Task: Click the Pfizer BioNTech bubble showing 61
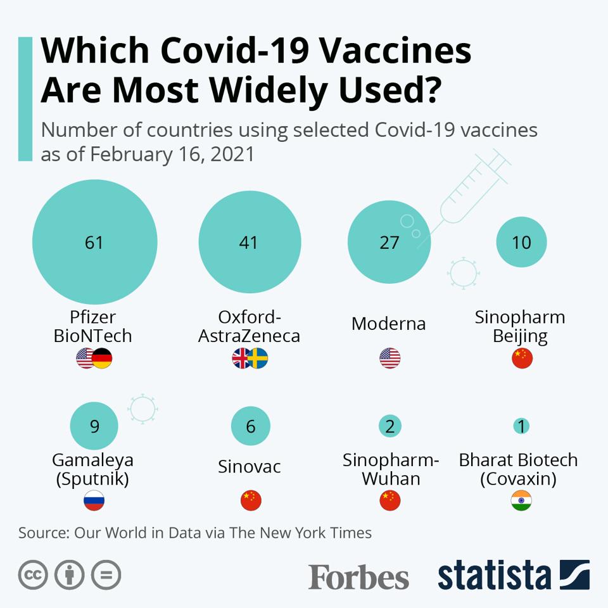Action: [x=94, y=242]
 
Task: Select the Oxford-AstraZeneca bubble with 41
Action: [x=250, y=242]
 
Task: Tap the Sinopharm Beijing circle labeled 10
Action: [x=521, y=242]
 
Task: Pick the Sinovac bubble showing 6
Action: [x=251, y=426]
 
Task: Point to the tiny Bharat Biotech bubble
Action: [x=521, y=426]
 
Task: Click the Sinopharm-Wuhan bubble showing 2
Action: [x=389, y=426]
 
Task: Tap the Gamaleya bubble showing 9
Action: [x=94, y=426]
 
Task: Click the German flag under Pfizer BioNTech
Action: [x=102, y=358]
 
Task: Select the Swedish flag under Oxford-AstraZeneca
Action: [x=257, y=358]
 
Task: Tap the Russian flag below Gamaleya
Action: [x=94, y=500]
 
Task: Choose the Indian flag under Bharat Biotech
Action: [x=521, y=500]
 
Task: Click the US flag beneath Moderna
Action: [x=389, y=358]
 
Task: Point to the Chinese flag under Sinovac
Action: [x=251, y=500]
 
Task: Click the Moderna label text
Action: [x=389, y=324]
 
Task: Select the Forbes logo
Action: [x=358, y=576]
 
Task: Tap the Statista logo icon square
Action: [x=574, y=575]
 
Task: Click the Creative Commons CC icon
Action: [x=33, y=575]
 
